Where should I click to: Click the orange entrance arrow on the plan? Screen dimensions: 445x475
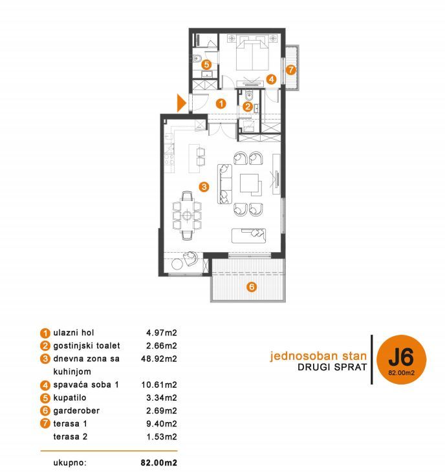181,103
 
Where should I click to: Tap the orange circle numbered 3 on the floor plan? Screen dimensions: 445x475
204,187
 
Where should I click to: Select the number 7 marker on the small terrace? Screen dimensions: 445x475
290,70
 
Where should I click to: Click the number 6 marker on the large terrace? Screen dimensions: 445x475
252,286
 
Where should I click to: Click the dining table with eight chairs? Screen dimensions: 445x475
187,216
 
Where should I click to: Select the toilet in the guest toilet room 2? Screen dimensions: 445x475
249,96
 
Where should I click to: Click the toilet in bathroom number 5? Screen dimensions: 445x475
197,58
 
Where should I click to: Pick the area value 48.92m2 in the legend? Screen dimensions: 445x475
159,359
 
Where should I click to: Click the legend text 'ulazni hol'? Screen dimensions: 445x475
74,333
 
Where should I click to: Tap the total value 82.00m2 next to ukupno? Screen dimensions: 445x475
159,463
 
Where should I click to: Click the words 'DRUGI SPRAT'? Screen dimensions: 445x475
332,367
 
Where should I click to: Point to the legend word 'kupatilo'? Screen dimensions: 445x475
70,397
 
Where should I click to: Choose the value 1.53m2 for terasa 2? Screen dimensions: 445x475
162,437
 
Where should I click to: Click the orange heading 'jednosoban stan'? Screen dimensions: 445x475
318,355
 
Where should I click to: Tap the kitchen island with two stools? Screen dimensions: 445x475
197,158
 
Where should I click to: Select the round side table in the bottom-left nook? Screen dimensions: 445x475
177,264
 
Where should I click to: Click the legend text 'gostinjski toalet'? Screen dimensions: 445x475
87,346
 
